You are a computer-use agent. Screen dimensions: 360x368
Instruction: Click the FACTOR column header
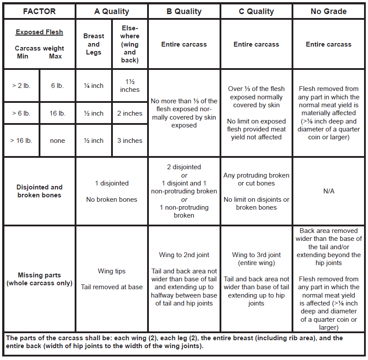pos(39,11)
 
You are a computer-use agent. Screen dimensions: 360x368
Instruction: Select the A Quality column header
pos(112,11)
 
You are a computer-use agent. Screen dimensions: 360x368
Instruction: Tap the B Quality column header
pos(184,11)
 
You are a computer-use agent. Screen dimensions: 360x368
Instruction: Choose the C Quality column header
pos(256,11)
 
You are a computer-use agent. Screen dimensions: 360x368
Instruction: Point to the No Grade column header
pos(328,11)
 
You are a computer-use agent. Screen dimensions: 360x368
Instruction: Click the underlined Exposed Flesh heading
pos(40,32)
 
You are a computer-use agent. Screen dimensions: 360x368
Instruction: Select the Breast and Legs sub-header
pos(94,44)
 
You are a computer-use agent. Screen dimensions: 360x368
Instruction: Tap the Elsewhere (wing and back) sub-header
pos(130,44)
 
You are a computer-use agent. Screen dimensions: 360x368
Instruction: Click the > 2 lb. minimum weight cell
pos(21,86)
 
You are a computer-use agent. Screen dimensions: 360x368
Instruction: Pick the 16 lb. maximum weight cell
pos(57,113)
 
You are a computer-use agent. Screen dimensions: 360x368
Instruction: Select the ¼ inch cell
pos(94,86)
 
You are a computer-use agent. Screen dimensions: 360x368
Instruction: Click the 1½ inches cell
pos(130,86)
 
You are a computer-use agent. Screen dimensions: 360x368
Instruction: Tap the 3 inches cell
pos(130,141)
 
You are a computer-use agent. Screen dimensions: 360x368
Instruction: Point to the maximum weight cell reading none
pos(57,141)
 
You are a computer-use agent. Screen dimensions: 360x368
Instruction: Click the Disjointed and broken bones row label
pos(40,191)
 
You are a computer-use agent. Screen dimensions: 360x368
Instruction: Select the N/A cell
pos(328,191)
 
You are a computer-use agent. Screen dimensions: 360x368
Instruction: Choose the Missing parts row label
pos(40,279)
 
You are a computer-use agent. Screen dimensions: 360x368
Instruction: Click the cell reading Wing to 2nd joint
pos(184,255)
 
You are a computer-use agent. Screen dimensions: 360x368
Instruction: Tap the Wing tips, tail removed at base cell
pos(112,279)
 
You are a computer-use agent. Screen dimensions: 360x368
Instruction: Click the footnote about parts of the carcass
pos(184,342)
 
